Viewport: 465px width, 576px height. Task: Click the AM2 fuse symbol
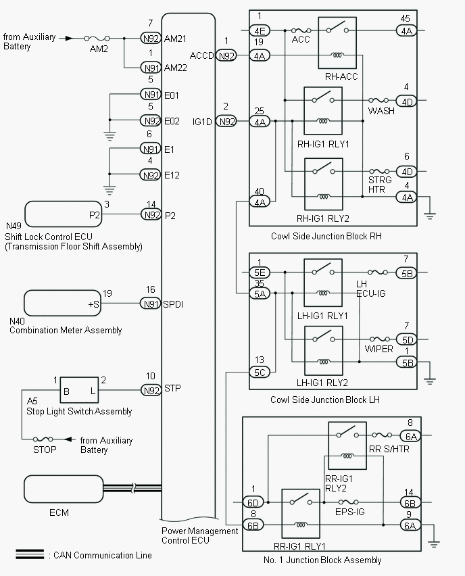pos(97,39)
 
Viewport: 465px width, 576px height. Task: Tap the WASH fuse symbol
pos(381,101)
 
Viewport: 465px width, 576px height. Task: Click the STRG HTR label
pos(380,185)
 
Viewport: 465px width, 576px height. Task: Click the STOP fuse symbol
pos(45,439)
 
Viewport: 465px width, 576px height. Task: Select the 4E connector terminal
pos(260,30)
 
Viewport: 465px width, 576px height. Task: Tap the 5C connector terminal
pos(259,373)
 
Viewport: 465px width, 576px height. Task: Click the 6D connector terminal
pos(253,502)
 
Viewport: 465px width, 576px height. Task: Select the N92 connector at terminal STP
pos(150,390)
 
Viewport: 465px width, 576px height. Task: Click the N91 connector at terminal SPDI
pos(150,304)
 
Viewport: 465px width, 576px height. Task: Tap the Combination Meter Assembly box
pos(62,305)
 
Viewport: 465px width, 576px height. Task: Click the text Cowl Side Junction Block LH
pos(325,400)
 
